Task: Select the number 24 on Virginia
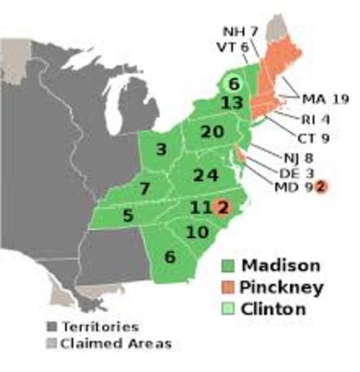pyautogui.click(x=205, y=175)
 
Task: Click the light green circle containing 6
pyautogui.click(x=232, y=81)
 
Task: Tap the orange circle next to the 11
pyautogui.click(x=223, y=207)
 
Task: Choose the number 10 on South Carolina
pyautogui.click(x=197, y=232)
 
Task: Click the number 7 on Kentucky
pyautogui.click(x=145, y=188)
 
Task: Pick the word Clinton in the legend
pyautogui.click(x=273, y=308)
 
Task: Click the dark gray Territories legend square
pyautogui.click(x=51, y=327)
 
